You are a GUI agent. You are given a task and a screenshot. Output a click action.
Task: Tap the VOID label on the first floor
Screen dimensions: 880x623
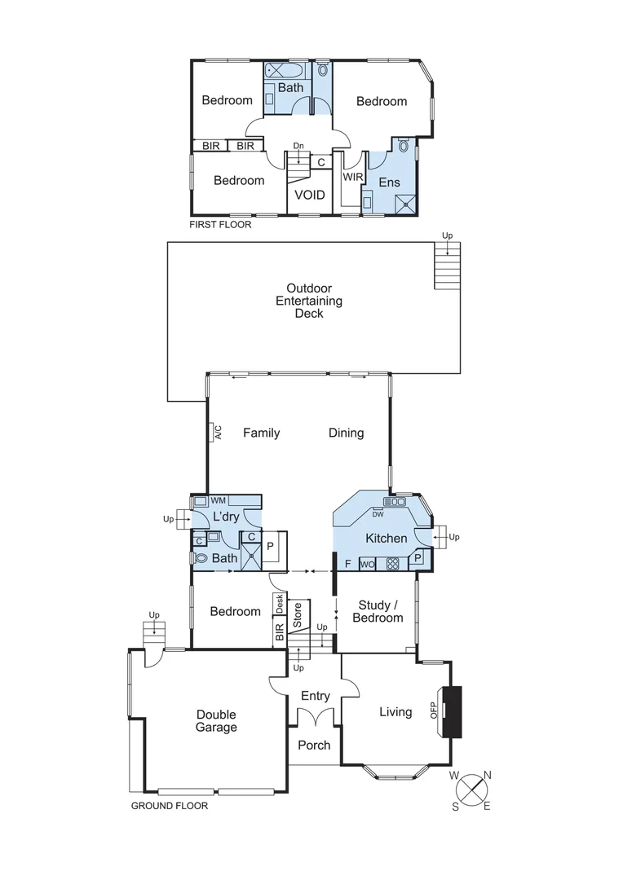[x=309, y=196]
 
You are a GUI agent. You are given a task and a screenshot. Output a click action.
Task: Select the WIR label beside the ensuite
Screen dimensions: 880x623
[x=352, y=177]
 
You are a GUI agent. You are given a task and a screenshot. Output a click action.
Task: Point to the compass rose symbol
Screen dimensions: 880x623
[x=472, y=790]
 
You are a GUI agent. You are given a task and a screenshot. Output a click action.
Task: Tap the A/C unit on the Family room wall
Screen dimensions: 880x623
[x=218, y=432]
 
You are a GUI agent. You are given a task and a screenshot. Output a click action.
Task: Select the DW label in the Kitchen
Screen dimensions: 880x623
[x=378, y=514]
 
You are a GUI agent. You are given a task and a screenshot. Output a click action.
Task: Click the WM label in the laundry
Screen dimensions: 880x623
[x=219, y=500]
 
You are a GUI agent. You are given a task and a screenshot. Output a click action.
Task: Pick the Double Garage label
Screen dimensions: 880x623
[x=216, y=720]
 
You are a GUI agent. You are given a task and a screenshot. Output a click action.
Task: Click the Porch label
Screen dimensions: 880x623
[x=314, y=745]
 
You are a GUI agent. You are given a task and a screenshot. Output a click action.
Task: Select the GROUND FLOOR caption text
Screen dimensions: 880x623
[x=170, y=806]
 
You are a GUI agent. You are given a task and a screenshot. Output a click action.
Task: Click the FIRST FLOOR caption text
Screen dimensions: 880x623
[x=220, y=224]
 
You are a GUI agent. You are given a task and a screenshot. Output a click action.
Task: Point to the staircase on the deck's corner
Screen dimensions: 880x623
[x=447, y=266]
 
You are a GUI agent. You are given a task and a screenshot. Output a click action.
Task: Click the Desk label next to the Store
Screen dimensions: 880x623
[x=280, y=604]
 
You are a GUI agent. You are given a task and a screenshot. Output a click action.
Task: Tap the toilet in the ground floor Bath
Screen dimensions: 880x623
[x=201, y=559]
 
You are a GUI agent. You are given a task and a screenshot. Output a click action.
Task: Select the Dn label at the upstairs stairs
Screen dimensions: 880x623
[x=298, y=147]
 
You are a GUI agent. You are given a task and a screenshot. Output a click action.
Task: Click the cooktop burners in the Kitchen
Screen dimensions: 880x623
[x=392, y=563]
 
